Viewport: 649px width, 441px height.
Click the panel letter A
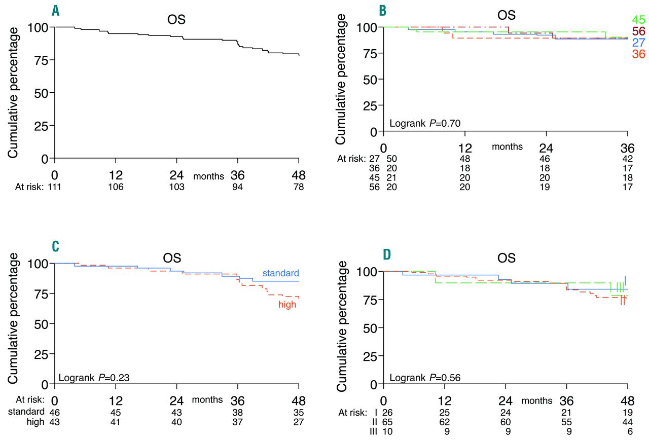click(56, 10)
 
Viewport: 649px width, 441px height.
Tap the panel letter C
click(56, 246)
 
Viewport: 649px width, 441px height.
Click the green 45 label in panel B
click(638, 20)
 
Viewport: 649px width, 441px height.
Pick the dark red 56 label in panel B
click(638, 31)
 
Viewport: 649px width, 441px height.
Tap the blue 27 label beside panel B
click(638, 43)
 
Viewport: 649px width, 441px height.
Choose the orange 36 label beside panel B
click(638, 54)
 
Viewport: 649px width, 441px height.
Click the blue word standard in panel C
click(280, 273)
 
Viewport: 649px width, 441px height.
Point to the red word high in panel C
click(287, 305)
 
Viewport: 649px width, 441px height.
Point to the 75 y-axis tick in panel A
click(40, 60)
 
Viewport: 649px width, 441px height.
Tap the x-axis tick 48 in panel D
click(628, 400)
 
